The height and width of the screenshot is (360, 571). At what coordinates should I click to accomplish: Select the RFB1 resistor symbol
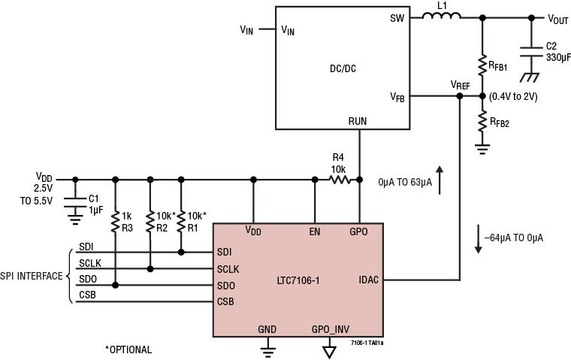pos(482,66)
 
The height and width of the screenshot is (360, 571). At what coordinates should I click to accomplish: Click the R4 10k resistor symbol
pos(339,179)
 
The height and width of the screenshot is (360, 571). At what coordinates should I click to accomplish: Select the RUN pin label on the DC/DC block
pos(359,119)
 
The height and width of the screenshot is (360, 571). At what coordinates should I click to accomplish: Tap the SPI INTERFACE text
pos(32,277)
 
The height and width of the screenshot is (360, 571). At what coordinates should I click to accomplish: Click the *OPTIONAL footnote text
pos(128,349)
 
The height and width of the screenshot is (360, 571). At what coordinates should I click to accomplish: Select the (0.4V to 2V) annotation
pos(512,97)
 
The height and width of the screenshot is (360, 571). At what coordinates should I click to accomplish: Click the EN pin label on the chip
pos(316,231)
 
